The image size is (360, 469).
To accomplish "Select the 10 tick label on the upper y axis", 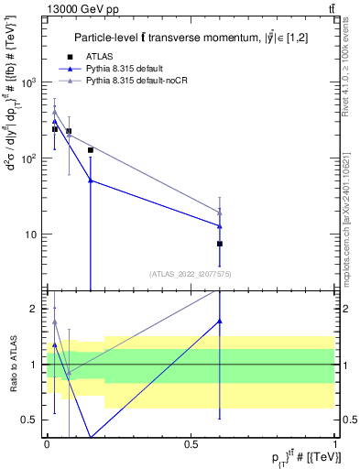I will point(29,234).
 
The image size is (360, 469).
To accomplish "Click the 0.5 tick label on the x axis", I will point(191,443).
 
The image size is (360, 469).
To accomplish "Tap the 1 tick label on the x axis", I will point(334,443).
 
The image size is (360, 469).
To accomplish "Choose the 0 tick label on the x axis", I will point(47,443).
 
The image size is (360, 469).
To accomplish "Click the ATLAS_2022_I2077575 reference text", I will point(191,273).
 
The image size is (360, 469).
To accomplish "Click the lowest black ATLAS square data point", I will point(220,244).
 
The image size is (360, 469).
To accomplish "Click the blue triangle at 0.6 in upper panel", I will point(220,225).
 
